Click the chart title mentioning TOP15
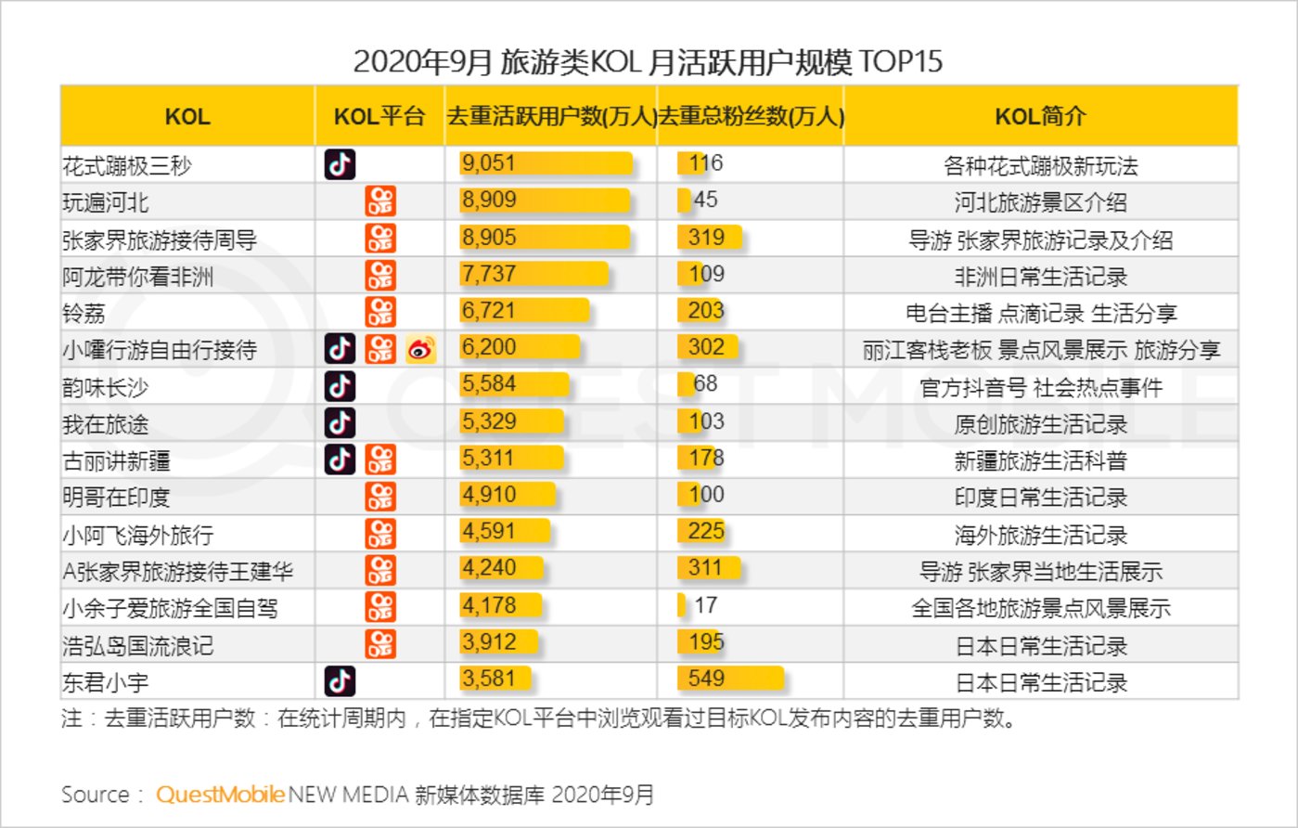648,62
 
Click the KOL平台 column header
379,117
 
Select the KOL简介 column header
1040,117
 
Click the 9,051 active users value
489,164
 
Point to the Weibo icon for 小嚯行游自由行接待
420,349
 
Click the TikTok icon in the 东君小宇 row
340,680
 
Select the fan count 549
706,679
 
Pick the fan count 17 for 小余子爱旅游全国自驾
705,605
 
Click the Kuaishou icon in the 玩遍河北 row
380,201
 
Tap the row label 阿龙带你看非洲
138,276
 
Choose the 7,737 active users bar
533,274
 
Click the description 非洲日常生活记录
1040,276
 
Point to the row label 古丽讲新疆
116,459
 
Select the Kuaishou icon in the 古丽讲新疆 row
380,459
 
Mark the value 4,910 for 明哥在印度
489,495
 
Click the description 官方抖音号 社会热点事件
1040,386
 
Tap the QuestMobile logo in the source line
220,795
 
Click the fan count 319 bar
710,238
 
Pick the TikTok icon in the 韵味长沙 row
340,385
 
